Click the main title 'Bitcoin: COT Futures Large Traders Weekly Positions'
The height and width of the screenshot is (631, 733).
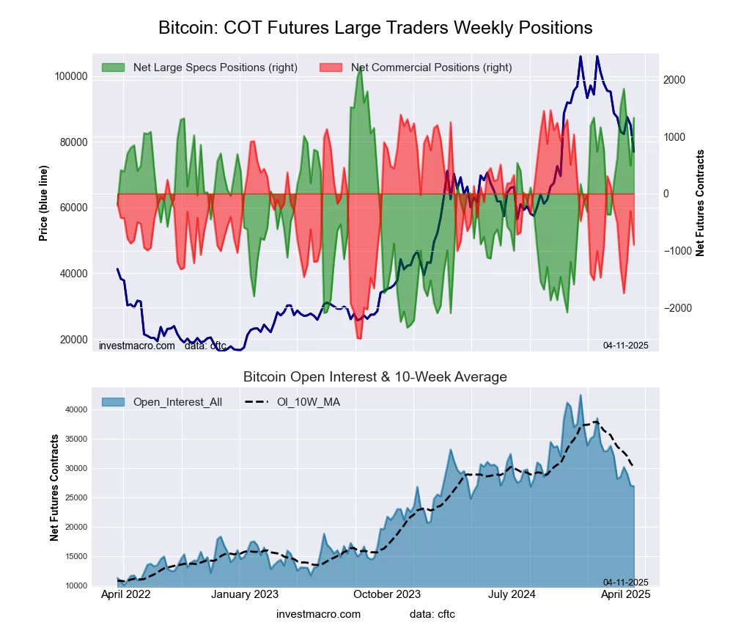tap(375, 28)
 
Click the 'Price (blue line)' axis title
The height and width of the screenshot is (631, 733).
tap(44, 203)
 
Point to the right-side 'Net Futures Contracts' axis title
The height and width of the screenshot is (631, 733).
tap(700, 203)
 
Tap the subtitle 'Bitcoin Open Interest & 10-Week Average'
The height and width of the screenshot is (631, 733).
tap(375, 377)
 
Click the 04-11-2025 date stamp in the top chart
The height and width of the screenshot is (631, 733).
tap(625, 345)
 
